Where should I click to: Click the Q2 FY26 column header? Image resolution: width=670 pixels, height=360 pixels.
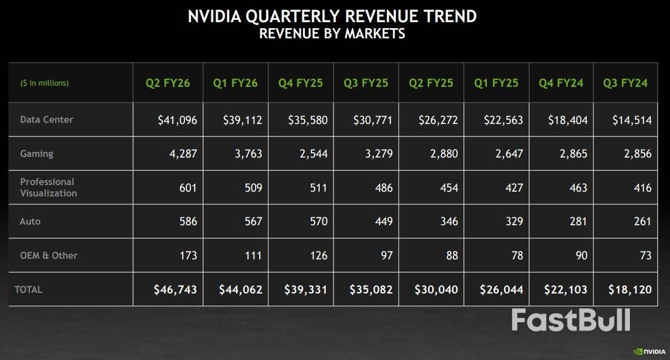pyautogui.click(x=168, y=83)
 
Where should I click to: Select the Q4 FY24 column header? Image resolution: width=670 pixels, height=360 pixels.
pyautogui.click(x=560, y=83)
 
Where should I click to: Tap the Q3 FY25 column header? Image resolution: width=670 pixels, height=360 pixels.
pyautogui.click(x=365, y=83)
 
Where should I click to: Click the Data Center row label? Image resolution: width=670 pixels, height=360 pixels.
pyautogui.click(x=47, y=119)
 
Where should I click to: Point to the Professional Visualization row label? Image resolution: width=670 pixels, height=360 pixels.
pyautogui.click(x=48, y=187)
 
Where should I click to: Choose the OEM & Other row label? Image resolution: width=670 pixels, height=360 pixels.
pyautogui.click(x=49, y=255)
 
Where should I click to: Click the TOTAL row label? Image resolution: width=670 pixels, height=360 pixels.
pyautogui.click(x=29, y=289)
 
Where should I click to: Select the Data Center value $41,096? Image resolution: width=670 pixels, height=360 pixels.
pyautogui.click(x=177, y=120)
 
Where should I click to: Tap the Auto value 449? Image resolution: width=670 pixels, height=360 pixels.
pyautogui.click(x=381, y=222)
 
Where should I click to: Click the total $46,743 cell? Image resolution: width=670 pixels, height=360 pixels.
pyautogui.click(x=175, y=290)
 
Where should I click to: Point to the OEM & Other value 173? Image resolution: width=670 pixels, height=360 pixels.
pyautogui.click(x=187, y=256)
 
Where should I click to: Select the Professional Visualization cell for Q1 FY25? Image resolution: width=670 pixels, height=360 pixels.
pyautogui.click(x=512, y=188)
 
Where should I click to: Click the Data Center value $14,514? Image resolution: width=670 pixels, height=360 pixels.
pyautogui.click(x=632, y=120)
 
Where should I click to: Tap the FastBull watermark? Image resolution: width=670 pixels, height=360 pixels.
pyautogui.click(x=570, y=320)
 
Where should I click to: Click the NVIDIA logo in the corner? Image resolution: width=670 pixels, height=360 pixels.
pyautogui.click(x=649, y=352)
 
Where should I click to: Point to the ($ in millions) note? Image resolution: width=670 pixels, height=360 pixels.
pyautogui.click(x=44, y=83)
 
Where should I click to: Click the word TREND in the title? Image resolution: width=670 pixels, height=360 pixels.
pyautogui.click(x=443, y=16)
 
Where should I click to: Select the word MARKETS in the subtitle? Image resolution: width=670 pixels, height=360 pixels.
pyautogui.click(x=374, y=34)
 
